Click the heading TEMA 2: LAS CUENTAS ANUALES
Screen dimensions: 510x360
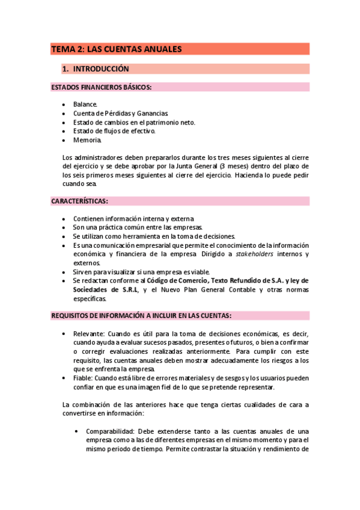(x=117, y=49)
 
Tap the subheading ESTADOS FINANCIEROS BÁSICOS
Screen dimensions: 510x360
(x=102, y=87)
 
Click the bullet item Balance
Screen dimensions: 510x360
(x=85, y=104)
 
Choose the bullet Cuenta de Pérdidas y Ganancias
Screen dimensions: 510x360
(x=120, y=113)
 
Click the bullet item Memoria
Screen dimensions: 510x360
(x=88, y=140)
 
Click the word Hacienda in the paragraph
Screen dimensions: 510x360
(x=252, y=175)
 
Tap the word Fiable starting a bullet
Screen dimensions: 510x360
(x=83, y=378)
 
